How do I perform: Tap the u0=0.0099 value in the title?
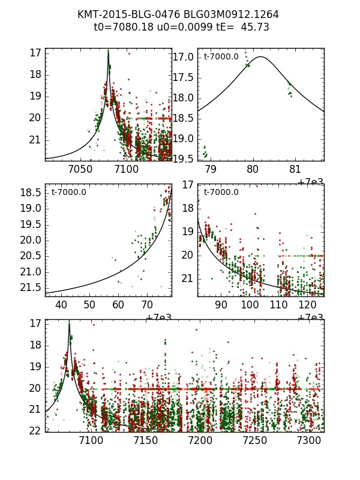[x=175, y=27]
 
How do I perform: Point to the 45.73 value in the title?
[x=254, y=27]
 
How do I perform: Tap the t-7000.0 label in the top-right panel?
[x=221, y=57]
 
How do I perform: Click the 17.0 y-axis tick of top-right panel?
[x=183, y=58]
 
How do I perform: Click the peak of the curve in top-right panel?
[x=261, y=57]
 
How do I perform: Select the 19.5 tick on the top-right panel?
[x=183, y=158]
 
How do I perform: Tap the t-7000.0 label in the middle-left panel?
[x=68, y=193]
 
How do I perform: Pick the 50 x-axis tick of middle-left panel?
[x=89, y=305]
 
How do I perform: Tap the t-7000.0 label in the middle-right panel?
[x=221, y=193]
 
